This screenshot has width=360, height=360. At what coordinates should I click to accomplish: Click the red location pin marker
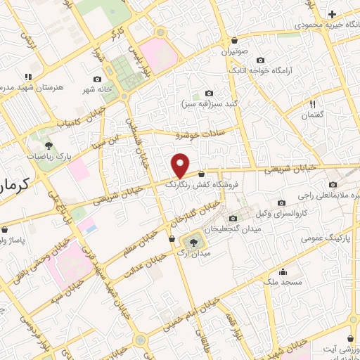(181, 166)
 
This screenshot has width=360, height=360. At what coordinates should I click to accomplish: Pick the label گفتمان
(312, 115)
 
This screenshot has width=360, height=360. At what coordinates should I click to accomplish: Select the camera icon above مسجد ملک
(283, 272)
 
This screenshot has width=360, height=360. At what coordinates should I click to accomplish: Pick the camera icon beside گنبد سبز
(209, 94)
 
